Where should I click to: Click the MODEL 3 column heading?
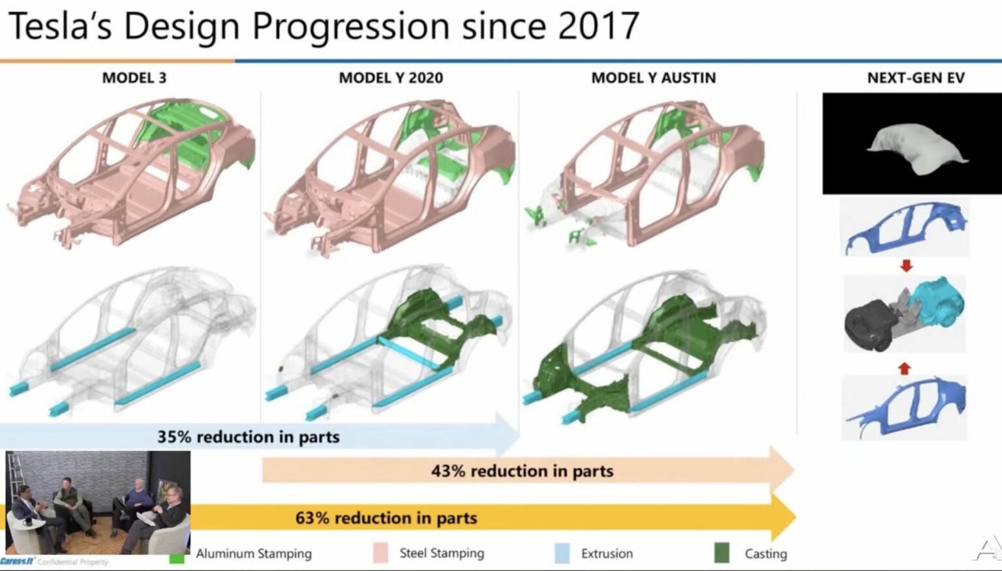134,78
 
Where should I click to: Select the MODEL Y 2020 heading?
390,78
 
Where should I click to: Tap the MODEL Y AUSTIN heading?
653,78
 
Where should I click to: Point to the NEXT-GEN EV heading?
915,78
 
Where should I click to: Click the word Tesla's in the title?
60,26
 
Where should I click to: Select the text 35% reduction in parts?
248,437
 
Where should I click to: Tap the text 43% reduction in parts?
522,471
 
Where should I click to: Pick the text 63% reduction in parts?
386,518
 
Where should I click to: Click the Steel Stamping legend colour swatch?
380,553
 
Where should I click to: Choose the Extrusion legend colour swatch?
562,553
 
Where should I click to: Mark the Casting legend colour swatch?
721,553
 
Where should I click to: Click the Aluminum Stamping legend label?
254,553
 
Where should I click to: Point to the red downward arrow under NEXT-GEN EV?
905,266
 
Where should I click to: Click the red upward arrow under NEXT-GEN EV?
903,368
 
